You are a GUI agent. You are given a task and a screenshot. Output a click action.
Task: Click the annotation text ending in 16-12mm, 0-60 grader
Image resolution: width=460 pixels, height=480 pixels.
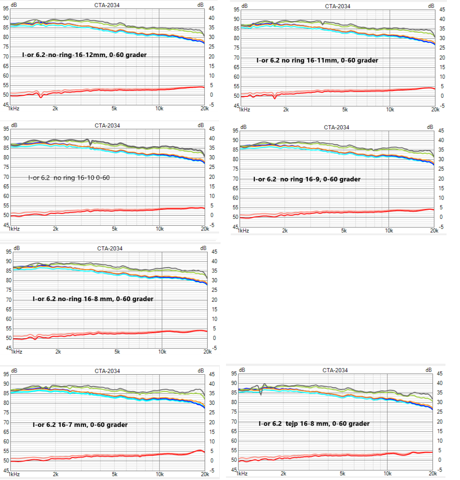[84, 55]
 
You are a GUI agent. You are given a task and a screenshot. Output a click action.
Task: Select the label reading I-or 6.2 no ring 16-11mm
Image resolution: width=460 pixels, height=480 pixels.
[317, 60]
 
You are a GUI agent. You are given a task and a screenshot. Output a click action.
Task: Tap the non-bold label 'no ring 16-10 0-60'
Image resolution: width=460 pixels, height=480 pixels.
[69, 178]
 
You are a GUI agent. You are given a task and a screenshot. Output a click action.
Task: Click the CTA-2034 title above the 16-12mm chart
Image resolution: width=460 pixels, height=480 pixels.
[107, 5]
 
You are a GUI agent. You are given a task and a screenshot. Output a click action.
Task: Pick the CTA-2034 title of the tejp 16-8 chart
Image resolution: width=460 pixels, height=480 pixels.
[335, 370]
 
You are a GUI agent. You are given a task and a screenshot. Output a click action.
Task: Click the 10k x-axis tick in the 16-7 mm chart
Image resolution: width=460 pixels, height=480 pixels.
[160, 474]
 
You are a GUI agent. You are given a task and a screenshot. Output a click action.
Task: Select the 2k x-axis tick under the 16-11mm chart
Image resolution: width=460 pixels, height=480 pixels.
[286, 109]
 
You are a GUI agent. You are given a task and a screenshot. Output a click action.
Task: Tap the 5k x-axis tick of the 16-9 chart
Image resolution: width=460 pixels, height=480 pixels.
[344, 231]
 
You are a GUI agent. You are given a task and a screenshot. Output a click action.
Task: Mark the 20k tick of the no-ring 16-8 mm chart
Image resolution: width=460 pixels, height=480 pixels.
[207, 352]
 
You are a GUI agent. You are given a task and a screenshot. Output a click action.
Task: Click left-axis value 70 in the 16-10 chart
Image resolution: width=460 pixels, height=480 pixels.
[6, 177]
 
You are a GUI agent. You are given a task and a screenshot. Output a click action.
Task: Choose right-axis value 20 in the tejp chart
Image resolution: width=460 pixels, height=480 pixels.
[440, 421]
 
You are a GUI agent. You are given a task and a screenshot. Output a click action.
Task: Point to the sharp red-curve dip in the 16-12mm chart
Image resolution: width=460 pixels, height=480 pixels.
[41, 97]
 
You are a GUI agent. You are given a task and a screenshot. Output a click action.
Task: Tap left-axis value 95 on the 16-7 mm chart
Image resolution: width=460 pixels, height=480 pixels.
[6, 374]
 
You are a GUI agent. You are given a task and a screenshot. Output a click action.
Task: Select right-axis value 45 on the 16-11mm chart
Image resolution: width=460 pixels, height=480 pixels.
[442, 9]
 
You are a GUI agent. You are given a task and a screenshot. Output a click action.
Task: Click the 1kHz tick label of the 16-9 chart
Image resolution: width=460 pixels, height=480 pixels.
[243, 231]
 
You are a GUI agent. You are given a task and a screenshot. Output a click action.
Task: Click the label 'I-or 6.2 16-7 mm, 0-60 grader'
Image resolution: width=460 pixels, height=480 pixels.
[80, 425]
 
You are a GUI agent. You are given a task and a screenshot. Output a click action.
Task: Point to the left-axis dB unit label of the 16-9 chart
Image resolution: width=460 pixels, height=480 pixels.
[243, 127]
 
